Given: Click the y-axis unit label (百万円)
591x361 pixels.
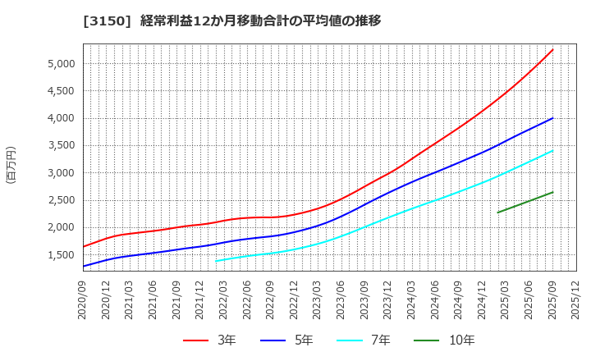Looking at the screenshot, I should click(x=11, y=164).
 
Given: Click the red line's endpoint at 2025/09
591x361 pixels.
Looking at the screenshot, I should click(x=552, y=49).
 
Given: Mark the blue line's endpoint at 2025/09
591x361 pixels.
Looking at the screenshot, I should click(x=552, y=118).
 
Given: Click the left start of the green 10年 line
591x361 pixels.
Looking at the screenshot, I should click(x=497, y=212).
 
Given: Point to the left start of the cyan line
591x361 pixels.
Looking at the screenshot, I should click(x=216, y=261).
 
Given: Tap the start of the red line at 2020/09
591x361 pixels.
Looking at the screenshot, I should click(x=83, y=246).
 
